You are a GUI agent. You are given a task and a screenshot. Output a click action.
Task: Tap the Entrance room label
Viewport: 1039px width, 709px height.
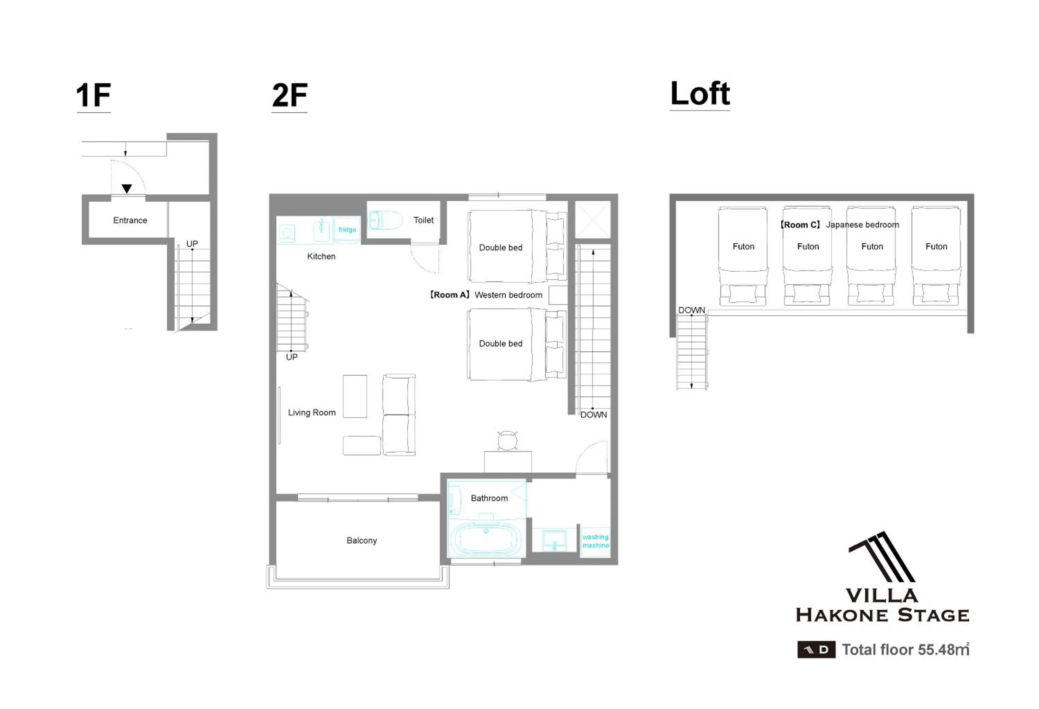click(130, 220)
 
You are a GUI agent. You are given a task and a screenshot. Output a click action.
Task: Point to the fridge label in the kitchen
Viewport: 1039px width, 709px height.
click(347, 229)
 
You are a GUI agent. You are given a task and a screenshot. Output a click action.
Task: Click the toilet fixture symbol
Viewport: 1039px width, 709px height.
click(385, 220)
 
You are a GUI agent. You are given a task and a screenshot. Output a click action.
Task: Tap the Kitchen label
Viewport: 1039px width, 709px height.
click(321, 256)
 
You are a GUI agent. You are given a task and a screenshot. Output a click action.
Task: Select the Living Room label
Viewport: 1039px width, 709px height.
click(312, 412)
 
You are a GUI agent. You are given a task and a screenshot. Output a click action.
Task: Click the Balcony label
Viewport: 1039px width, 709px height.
click(362, 540)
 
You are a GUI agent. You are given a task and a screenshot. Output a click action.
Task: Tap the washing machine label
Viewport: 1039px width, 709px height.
click(595, 541)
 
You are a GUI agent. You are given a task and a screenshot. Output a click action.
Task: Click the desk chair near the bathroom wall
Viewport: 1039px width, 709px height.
click(507, 440)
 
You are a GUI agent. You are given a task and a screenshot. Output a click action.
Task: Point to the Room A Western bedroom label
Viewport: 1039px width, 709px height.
click(486, 295)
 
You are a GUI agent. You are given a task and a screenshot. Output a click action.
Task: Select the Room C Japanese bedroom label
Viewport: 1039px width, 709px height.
click(839, 225)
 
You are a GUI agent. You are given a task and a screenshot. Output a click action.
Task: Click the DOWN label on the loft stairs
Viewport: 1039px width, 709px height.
click(691, 310)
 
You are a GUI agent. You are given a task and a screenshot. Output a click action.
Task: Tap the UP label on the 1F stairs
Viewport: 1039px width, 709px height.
click(192, 244)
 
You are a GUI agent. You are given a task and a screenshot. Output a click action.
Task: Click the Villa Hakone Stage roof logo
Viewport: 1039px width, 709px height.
click(882, 557)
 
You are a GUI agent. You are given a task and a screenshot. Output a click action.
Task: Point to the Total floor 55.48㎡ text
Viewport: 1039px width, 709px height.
click(905, 649)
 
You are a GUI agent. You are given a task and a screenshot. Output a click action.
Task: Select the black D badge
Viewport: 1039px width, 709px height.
click(816, 649)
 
